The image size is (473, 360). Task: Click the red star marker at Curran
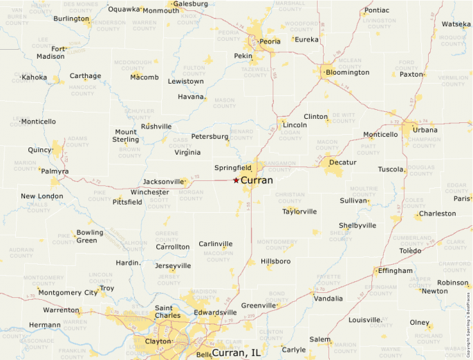[x=236, y=180]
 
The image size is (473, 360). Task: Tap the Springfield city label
[x=233, y=168]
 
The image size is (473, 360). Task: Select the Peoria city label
[x=270, y=41]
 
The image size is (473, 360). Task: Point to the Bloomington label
[x=347, y=73]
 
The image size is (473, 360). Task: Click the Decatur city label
[x=343, y=162]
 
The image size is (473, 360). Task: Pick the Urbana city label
[x=425, y=130]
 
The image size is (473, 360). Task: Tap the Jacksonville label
[x=164, y=182]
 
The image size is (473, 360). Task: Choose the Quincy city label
[x=39, y=150]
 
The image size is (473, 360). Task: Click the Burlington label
[x=71, y=19]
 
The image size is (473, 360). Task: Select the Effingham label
[x=395, y=271]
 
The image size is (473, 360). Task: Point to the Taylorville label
[x=299, y=211]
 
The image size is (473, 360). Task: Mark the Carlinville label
[x=216, y=244]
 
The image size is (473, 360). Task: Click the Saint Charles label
[x=168, y=312]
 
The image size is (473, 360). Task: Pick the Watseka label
[x=456, y=24]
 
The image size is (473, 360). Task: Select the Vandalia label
[x=328, y=299]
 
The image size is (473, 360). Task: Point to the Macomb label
[x=145, y=77]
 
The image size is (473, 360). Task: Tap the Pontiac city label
[x=377, y=10]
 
